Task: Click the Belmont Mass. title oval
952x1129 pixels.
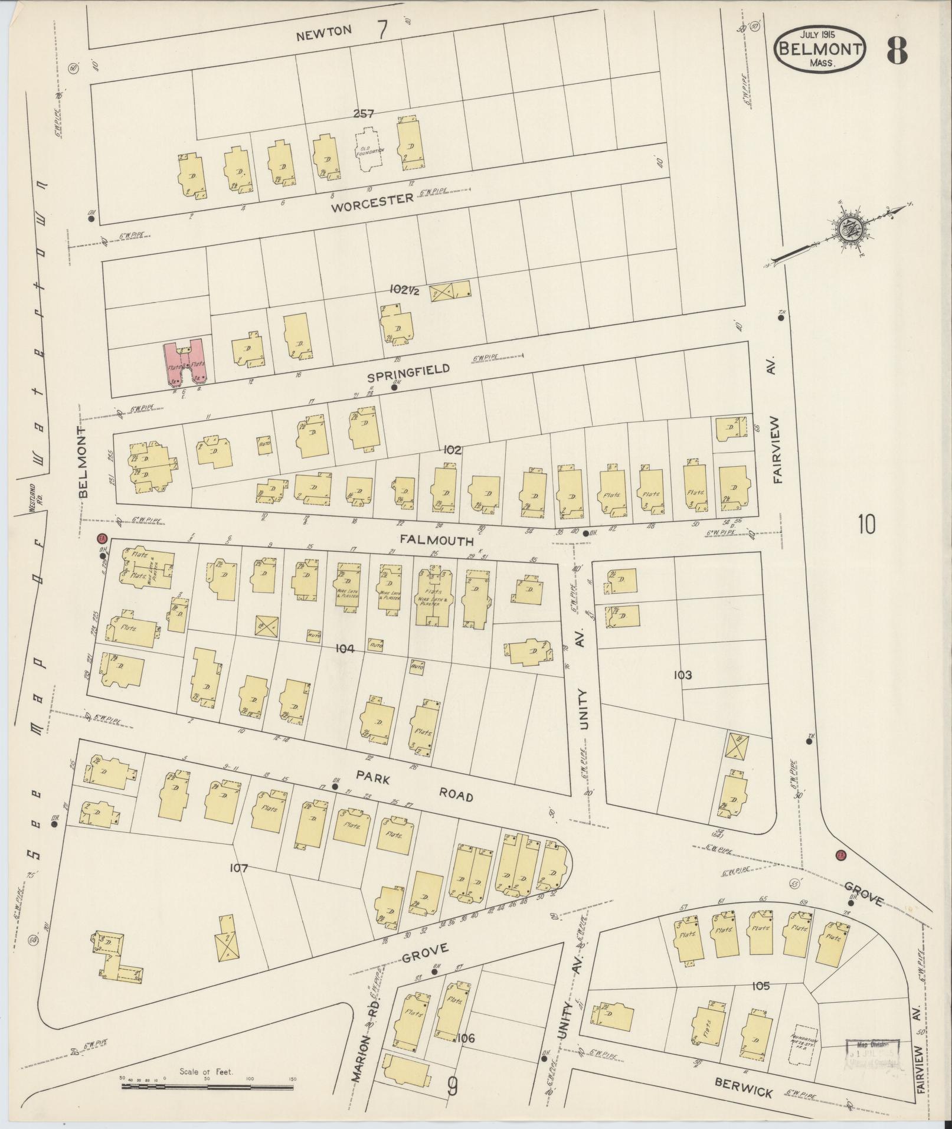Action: pyautogui.click(x=819, y=50)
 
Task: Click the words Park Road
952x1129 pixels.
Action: pyautogui.click(x=413, y=787)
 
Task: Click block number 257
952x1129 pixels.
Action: pyautogui.click(x=364, y=114)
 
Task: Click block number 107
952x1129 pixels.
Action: pyautogui.click(x=239, y=868)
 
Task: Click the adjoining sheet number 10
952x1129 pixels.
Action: pyautogui.click(x=866, y=524)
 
